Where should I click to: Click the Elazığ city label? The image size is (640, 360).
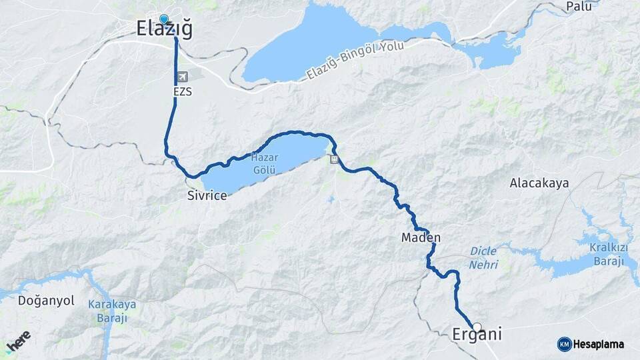(164, 29)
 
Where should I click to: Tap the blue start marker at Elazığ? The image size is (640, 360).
(164, 19)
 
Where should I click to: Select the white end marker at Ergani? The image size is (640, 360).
(477, 327)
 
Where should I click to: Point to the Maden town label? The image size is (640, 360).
(421, 237)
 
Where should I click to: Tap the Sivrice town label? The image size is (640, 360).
(207, 195)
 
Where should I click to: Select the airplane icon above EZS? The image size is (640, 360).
(182, 77)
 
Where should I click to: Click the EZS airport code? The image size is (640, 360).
(181, 91)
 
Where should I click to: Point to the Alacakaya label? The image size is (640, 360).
(539, 183)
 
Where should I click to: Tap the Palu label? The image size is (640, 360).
(579, 7)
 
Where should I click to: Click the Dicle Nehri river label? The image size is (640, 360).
(484, 257)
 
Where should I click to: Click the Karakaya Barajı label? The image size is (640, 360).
(112, 311)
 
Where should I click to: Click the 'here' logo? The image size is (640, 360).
(18, 341)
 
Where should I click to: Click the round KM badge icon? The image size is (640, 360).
(564, 344)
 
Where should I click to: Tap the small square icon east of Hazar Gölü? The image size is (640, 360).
(333, 159)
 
